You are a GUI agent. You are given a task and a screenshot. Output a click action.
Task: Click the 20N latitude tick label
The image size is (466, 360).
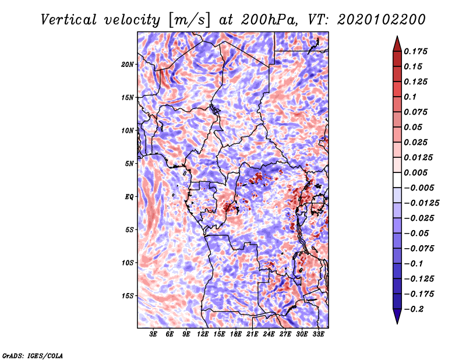click(128, 65)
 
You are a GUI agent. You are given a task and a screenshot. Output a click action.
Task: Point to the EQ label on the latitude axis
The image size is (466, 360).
click(129, 197)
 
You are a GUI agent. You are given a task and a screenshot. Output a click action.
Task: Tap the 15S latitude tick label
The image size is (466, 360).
click(128, 296)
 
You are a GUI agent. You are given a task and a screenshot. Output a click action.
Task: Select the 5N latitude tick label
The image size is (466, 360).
click(129, 164)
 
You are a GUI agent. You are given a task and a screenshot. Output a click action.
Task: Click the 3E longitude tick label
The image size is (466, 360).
click(153, 334)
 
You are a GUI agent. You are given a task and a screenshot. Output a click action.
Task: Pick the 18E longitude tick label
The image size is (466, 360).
click(236, 334)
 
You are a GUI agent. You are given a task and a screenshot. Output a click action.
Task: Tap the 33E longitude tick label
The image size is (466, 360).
click(318, 334)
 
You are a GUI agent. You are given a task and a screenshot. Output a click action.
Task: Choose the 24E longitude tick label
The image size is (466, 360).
click(269, 334)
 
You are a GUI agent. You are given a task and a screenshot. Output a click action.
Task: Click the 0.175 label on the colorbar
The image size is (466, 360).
click(415, 51)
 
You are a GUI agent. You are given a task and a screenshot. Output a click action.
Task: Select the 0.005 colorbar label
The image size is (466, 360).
click(415, 172)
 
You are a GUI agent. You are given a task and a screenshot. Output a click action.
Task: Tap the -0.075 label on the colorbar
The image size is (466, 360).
click(419, 249)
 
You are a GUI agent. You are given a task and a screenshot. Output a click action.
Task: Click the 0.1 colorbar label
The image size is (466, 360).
click(410, 97)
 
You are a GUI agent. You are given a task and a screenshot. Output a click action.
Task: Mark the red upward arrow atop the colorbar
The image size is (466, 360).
click(397, 44)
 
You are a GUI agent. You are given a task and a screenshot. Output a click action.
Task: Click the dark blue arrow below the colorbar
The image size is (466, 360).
click(397, 316)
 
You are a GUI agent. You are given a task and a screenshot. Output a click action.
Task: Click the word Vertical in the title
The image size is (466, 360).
click(69, 20)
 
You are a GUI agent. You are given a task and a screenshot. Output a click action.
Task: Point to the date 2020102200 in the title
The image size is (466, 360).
click(382, 20)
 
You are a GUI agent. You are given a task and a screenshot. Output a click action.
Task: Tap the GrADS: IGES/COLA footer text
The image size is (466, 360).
click(33, 355)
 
